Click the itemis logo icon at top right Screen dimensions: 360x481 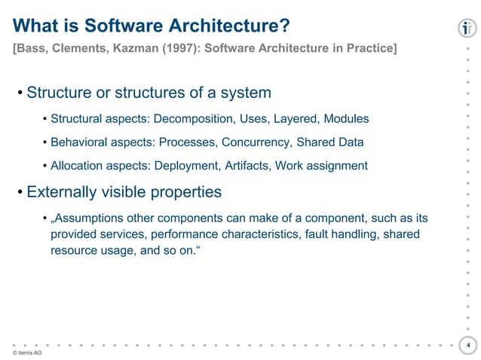click(x=467, y=29)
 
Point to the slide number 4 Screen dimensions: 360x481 click(x=468, y=346)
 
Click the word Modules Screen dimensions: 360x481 click(x=348, y=119)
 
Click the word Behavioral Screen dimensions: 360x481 click(x=79, y=142)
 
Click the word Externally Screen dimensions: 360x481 click(x=62, y=192)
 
